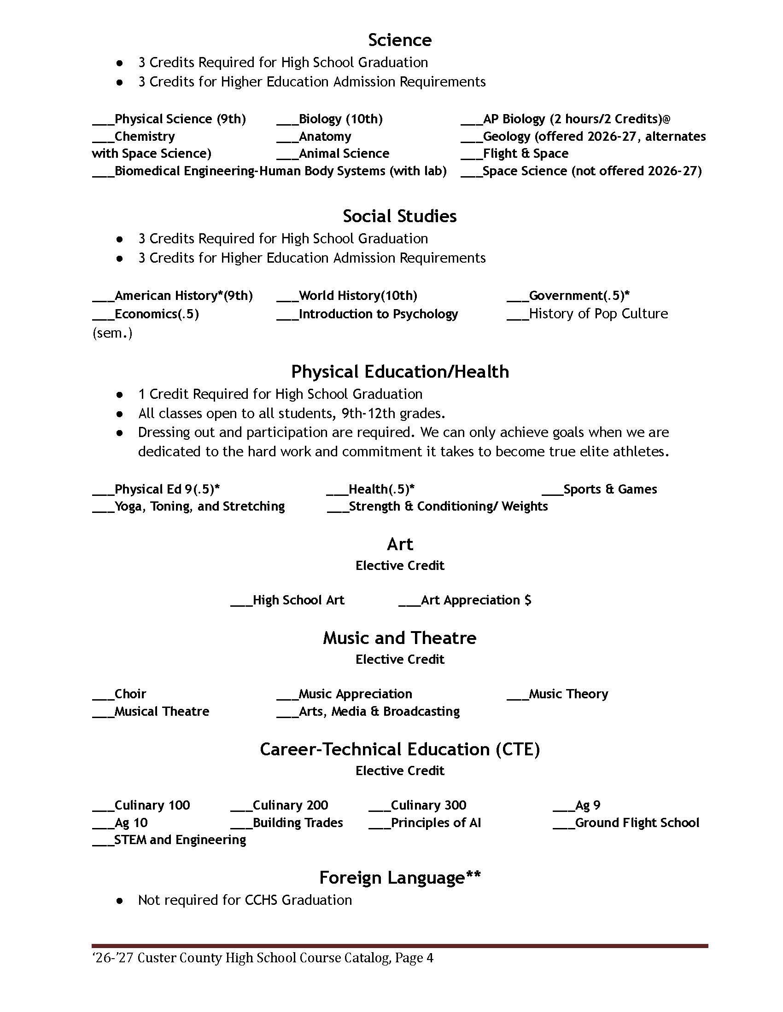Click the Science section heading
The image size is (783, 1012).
399,40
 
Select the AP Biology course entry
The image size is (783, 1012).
576,119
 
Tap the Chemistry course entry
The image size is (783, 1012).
144,136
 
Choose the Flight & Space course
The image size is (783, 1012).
525,153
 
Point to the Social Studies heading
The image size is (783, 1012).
399,216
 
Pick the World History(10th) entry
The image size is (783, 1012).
357,296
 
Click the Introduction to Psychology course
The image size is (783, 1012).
378,314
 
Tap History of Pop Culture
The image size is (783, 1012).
598,314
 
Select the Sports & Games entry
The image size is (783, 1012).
609,489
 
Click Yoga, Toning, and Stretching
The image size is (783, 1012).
199,506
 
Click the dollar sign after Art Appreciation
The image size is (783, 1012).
527,600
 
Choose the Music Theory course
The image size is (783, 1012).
568,694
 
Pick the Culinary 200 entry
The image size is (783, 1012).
290,805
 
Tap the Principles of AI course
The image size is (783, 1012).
436,822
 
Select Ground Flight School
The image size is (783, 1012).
637,822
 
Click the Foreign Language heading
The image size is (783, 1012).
399,877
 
